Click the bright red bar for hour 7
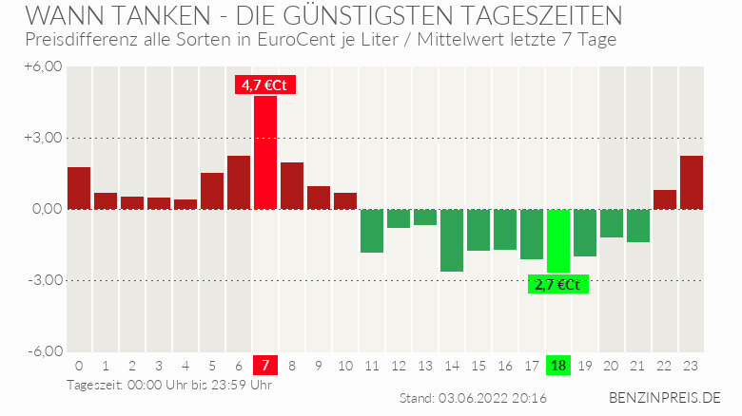[265, 152]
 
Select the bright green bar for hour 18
[558, 240]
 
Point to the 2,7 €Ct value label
[558, 284]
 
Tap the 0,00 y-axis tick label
[46, 209]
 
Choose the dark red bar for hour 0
[79, 188]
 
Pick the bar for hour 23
[692, 182]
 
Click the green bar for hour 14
[452, 240]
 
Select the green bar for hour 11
[372, 231]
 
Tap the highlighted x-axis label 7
[265, 366]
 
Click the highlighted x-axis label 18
[558, 366]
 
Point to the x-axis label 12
[399, 366]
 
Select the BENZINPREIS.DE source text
[665, 397]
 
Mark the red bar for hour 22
[665, 199]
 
